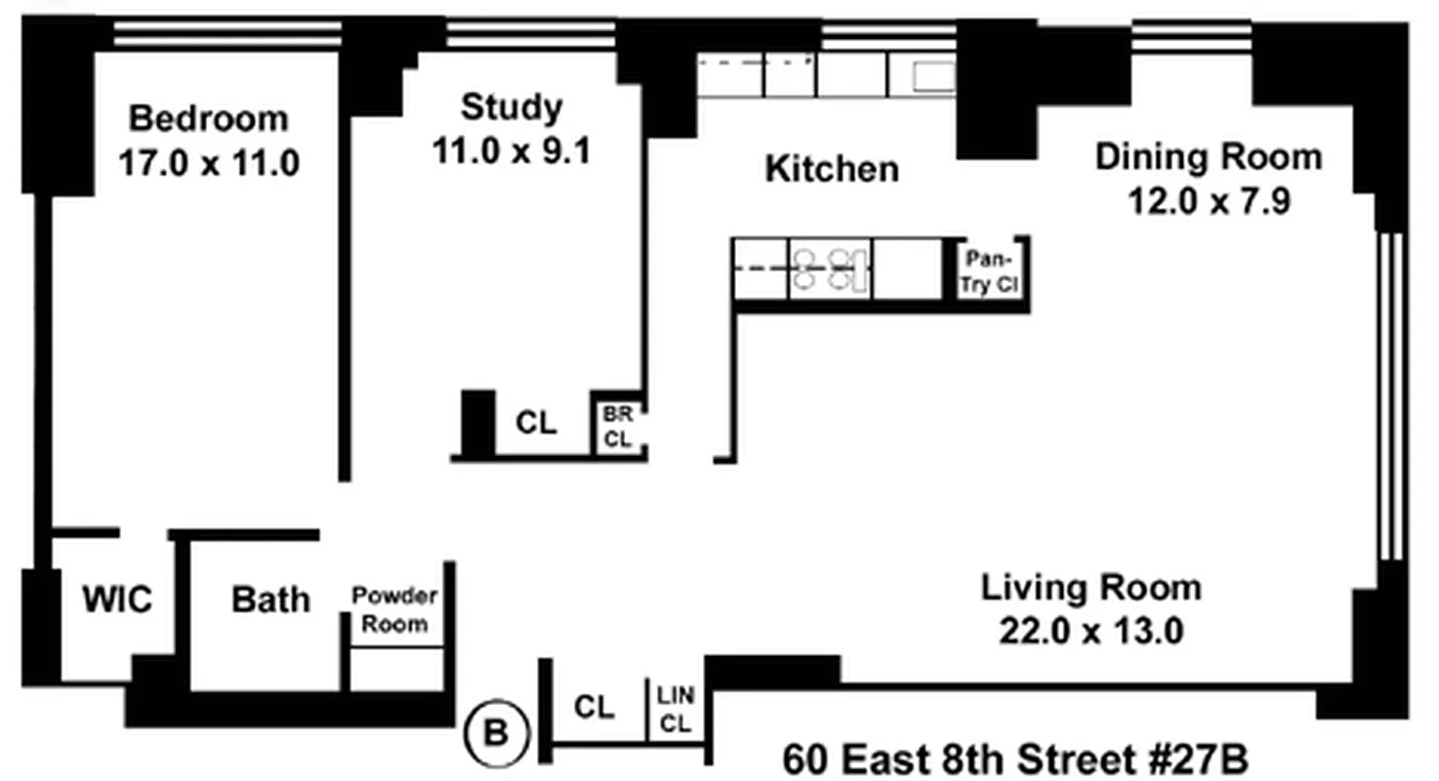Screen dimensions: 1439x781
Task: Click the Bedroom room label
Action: (x=209, y=119)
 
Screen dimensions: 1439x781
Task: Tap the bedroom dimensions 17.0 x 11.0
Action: (x=209, y=162)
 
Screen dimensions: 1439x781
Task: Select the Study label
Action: (x=512, y=108)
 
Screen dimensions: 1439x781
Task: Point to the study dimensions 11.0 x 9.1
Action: (x=512, y=151)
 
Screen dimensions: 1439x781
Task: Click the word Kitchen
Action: (x=832, y=169)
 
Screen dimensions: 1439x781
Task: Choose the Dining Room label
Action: (x=1209, y=157)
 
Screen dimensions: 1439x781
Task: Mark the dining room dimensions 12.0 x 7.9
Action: (x=1209, y=201)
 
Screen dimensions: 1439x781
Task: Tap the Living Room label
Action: (x=1090, y=588)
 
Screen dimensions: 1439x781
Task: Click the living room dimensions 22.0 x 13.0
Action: (x=1090, y=631)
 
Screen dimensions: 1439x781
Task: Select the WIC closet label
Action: (x=117, y=599)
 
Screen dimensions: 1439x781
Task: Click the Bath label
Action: (x=270, y=599)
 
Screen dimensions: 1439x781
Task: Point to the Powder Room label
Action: (x=394, y=610)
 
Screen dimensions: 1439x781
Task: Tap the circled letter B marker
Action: (x=497, y=733)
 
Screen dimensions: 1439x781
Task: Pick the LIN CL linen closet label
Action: (x=676, y=710)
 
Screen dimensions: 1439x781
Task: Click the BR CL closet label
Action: (x=618, y=427)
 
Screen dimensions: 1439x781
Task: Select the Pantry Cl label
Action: (x=989, y=271)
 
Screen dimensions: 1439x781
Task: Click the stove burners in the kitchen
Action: (x=830, y=269)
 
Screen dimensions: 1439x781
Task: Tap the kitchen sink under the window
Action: (x=933, y=77)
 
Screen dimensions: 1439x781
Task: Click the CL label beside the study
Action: (x=536, y=423)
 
